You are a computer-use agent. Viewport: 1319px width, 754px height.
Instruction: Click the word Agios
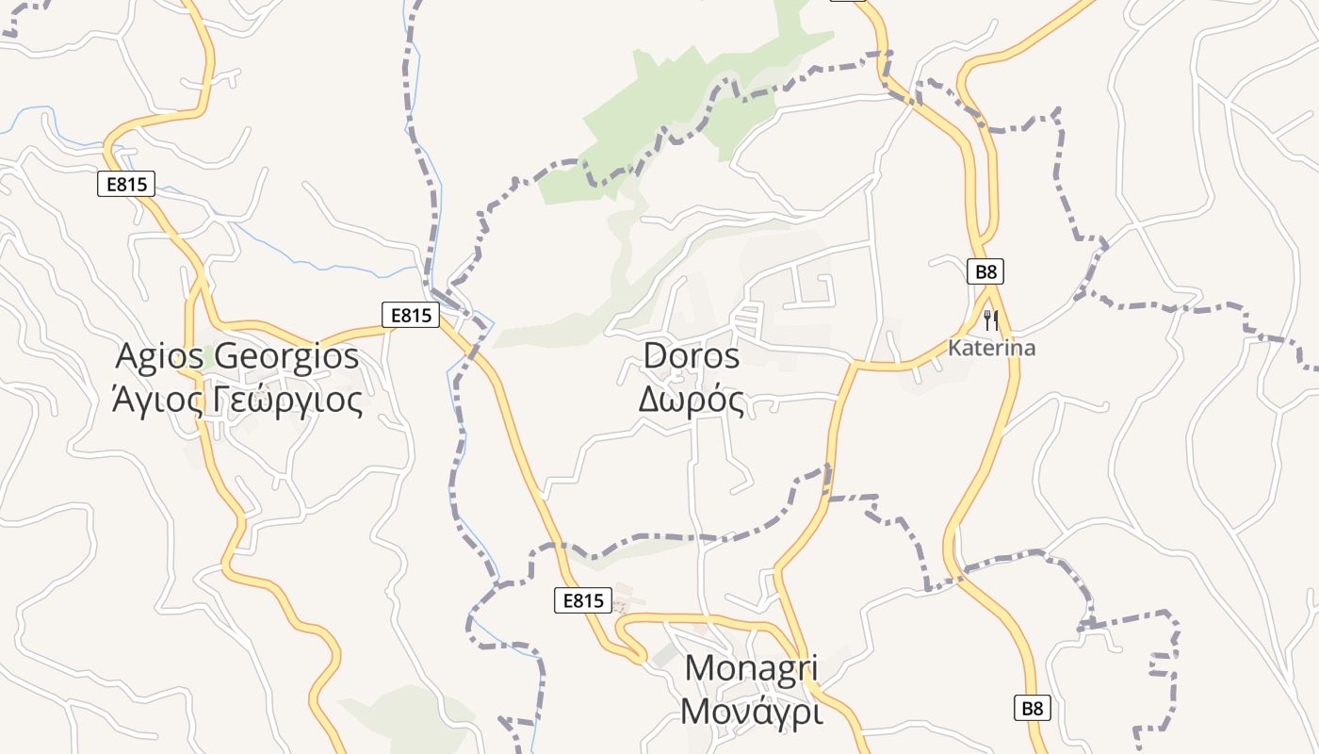click(x=161, y=356)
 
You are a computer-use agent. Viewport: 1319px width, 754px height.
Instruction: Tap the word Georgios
click(x=287, y=356)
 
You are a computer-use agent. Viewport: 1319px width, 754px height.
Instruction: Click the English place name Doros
click(x=692, y=355)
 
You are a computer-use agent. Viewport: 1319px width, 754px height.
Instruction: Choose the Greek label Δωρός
click(x=692, y=400)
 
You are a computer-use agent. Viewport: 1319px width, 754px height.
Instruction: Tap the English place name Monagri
click(x=752, y=667)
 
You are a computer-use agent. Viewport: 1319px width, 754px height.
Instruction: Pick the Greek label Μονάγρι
click(x=752, y=712)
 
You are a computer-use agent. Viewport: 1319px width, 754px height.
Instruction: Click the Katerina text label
click(x=991, y=348)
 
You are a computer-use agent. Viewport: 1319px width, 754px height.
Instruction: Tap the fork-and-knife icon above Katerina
click(x=990, y=320)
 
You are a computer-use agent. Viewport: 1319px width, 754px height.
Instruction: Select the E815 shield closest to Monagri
click(x=582, y=600)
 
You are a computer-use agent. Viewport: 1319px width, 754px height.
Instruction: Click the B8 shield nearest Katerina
click(x=985, y=272)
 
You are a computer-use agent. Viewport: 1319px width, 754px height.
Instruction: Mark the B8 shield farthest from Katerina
click(x=1034, y=708)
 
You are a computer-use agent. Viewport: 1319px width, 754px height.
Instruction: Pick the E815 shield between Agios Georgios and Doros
click(x=411, y=315)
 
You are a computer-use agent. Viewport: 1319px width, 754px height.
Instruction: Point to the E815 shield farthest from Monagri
click(x=126, y=184)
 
